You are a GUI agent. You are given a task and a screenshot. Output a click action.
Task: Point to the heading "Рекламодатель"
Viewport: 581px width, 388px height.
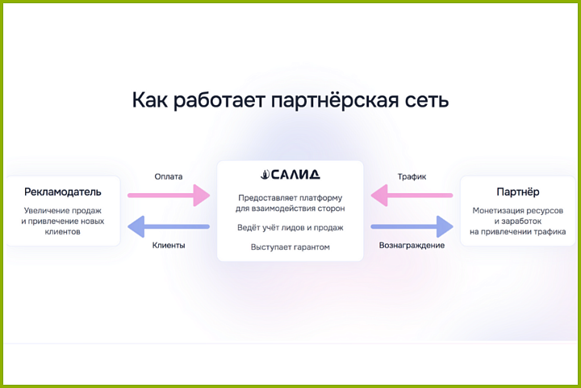click(62, 192)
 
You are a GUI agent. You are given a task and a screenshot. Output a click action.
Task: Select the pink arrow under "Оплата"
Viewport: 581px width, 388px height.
click(169, 195)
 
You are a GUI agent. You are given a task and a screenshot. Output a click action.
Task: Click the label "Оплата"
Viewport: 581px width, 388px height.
click(169, 176)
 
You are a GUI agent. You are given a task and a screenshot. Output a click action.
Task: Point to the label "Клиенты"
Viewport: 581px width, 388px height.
click(169, 245)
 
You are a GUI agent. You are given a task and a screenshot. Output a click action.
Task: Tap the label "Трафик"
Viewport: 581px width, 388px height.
click(412, 176)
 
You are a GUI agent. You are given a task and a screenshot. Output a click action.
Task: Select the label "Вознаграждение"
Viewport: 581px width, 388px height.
click(412, 245)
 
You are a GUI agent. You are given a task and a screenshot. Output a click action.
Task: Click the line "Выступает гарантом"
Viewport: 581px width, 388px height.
click(290, 247)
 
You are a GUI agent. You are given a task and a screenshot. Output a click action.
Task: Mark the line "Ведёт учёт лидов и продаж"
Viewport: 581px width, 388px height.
click(290, 227)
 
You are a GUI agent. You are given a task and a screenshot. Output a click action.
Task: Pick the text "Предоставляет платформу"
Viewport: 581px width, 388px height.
click(290, 198)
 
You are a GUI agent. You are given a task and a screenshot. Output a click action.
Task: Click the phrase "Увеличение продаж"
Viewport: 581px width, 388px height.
click(63, 210)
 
